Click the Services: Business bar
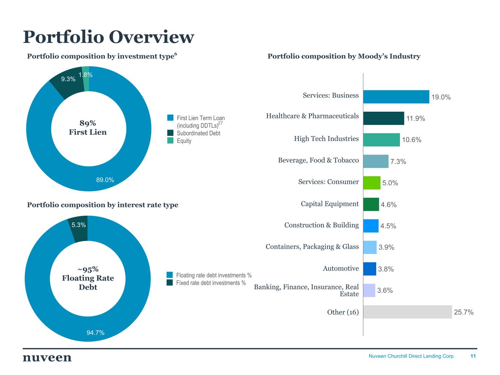[x=396, y=97]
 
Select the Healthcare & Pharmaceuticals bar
[x=384, y=118]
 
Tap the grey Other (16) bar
[x=407, y=312]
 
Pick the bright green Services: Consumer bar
[x=371, y=183]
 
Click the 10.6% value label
[x=411, y=140]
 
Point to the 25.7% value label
[x=463, y=312]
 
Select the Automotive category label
[x=341, y=268]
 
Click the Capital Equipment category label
[x=330, y=204]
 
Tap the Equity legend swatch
[x=170, y=141]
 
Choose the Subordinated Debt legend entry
[x=198, y=133]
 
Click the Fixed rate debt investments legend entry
[x=211, y=283]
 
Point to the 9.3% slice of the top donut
[x=66, y=83]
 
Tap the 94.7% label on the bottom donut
[x=95, y=333]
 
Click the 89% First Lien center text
[x=88, y=128]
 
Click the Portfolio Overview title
[x=108, y=37]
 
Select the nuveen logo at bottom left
[x=47, y=357]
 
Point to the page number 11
[x=473, y=356]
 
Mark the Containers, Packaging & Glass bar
[x=370, y=248]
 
